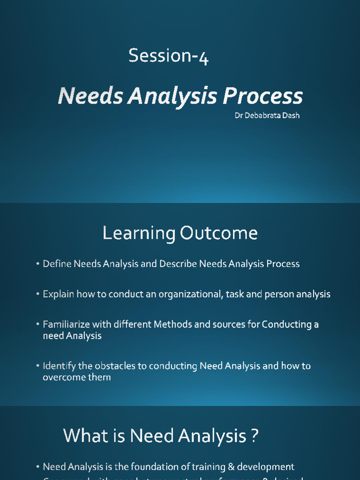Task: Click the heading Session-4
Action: [x=168, y=56]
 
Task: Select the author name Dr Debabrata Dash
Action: [x=267, y=115]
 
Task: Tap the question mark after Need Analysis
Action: [x=254, y=436]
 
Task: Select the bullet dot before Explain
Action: [x=37, y=295]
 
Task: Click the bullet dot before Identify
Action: [x=37, y=366]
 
